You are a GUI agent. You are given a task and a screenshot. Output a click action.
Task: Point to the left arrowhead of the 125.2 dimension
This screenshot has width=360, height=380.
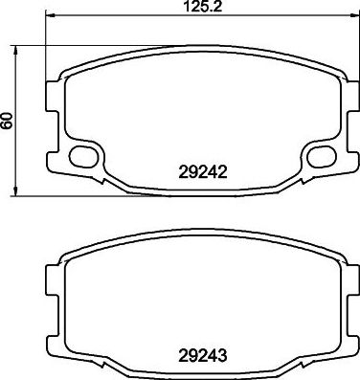[51, 18]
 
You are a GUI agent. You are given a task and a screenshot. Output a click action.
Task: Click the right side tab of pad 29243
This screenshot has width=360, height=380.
[347, 282]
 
